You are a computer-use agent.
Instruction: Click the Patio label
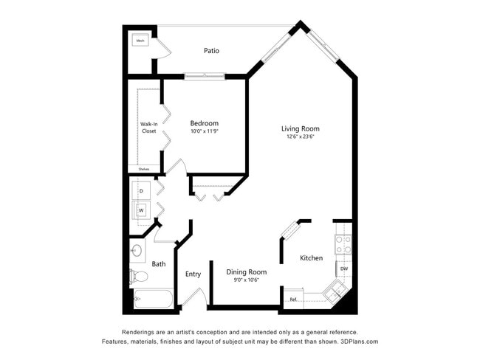tap(211, 51)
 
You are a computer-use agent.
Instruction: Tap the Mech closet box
tap(140, 41)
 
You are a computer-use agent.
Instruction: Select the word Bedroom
tap(204, 123)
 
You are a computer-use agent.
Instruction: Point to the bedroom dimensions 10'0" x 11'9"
tap(204, 131)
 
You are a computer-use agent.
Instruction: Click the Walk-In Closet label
tap(148, 128)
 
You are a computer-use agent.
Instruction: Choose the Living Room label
tap(300, 129)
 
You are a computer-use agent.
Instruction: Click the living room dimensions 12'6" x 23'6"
tap(300, 137)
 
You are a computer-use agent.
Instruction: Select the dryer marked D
tap(141, 191)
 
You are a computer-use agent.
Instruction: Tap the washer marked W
tap(141, 210)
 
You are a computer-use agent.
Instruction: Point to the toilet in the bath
tap(139, 277)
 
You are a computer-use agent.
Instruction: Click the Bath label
tap(159, 264)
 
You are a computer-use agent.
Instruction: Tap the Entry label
tap(193, 274)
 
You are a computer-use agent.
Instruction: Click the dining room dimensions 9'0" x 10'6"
tap(246, 280)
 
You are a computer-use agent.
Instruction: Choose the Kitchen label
tap(311, 258)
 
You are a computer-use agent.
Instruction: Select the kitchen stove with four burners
tap(344, 243)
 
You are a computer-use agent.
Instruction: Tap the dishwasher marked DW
tap(344, 268)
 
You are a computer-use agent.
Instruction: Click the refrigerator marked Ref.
tap(294, 299)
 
